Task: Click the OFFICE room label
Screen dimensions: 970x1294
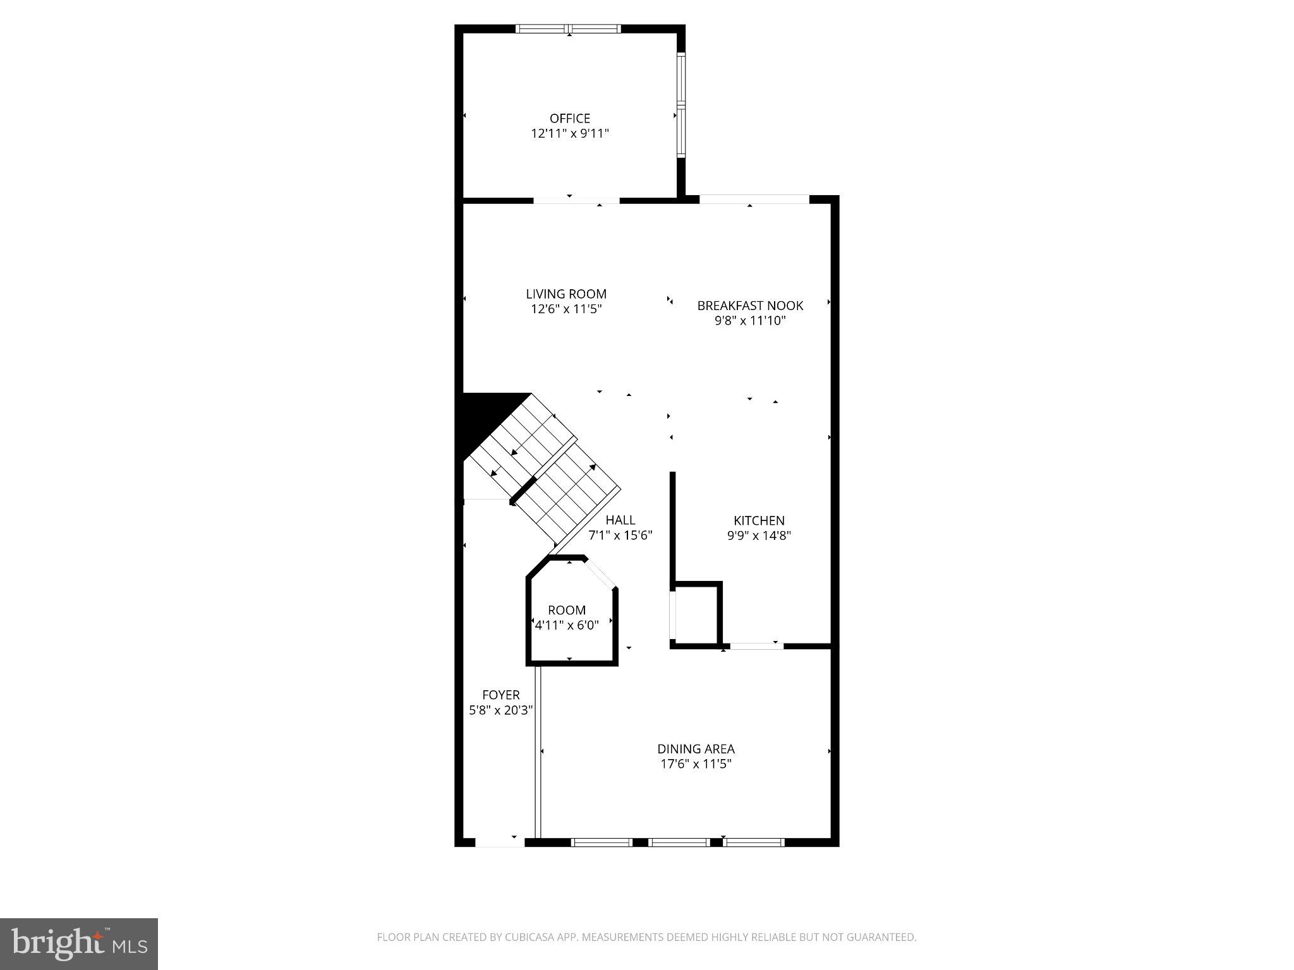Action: pos(569,118)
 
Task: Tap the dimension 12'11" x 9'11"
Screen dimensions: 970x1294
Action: pos(569,133)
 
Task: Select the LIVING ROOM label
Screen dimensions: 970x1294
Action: pos(566,294)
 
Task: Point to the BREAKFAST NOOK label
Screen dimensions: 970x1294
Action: pos(750,306)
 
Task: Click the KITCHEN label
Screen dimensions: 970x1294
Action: pos(759,520)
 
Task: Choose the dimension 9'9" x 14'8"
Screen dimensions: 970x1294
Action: pos(759,536)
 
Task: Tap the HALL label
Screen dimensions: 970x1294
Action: pos(620,520)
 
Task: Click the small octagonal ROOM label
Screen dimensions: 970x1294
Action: pos(566,610)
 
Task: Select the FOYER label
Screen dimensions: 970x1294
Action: pos(500,695)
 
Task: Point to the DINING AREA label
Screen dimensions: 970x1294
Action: pos(696,749)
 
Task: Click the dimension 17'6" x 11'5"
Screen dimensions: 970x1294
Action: pos(696,764)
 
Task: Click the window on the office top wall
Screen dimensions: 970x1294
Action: pos(569,28)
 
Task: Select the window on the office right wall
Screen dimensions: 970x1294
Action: pos(681,104)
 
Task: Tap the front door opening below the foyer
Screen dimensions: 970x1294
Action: pos(499,842)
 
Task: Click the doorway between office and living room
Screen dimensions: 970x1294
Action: pos(576,201)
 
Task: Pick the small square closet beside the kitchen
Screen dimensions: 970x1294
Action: pos(697,613)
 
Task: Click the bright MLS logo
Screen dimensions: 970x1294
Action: pos(79,943)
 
